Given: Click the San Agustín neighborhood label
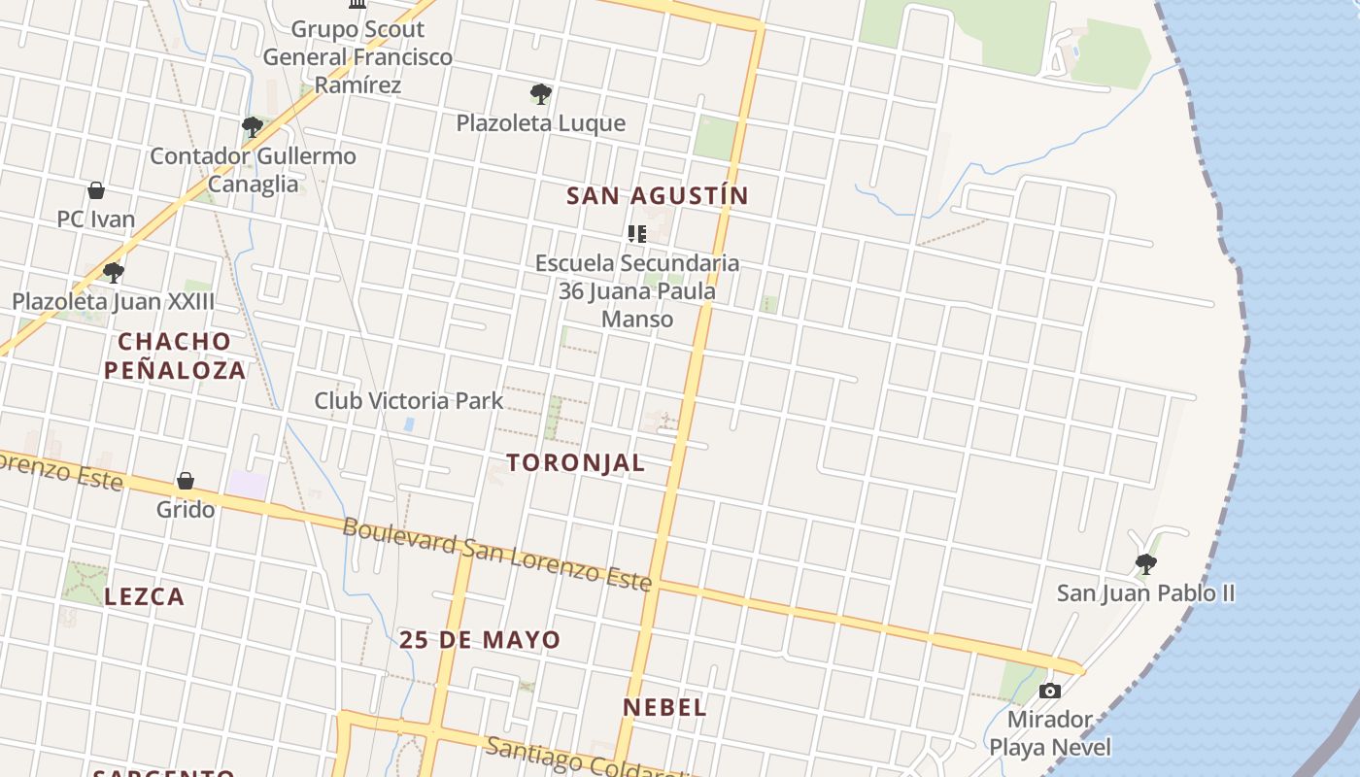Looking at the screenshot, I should tap(658, 195).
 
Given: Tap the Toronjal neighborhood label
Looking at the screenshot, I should tap(575, 462).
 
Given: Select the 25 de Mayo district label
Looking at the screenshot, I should tap(480, 640).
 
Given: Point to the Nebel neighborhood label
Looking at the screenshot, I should tap(664, 707).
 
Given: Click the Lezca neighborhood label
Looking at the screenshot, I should tap(144, 596).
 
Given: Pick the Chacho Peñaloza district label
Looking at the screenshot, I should tap(175, 355).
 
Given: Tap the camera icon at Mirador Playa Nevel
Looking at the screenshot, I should tap(1049, 692).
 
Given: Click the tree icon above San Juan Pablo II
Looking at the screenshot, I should tap(1146, 563).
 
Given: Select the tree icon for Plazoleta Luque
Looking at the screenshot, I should tap(541, 94).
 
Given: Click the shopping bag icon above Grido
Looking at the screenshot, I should tap(186, 481).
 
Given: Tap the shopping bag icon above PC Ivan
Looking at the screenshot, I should tap(96, 189).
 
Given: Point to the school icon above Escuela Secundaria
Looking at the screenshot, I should tap(637, 233).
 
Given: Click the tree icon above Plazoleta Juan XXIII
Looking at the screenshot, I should tap(114, 273).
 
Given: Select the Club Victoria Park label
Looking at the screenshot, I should tap(409, 400).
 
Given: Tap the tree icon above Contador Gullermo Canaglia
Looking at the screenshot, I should tap(253, 127).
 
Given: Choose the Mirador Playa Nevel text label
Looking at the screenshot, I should tap(1049, 733).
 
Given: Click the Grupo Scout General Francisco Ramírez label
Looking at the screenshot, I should tap(357, 56).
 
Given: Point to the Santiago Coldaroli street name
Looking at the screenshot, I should tap(583, 759).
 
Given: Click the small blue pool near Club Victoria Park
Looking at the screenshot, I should tap(409, 424).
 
